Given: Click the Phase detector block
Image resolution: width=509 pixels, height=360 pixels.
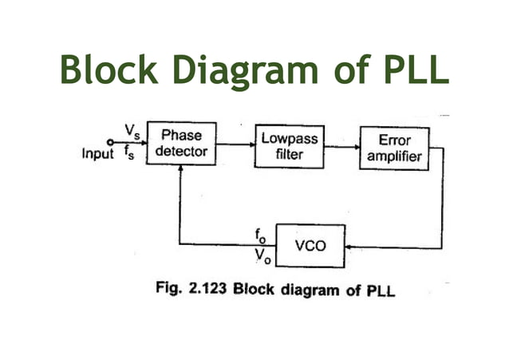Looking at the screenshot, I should pyautogui.click(x=182, y=144).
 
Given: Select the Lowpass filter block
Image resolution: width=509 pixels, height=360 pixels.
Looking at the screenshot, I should pyautogui.click(x=289, y=146).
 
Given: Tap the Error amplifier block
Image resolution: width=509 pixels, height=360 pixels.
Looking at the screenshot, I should pyautogui.click(x=393, y=148).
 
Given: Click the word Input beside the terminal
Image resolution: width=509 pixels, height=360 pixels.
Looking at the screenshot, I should pyautogui.click(x=98, y=154).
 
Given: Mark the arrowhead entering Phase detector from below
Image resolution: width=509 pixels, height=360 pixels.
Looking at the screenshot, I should pyautogui.click(x=181, y=168).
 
